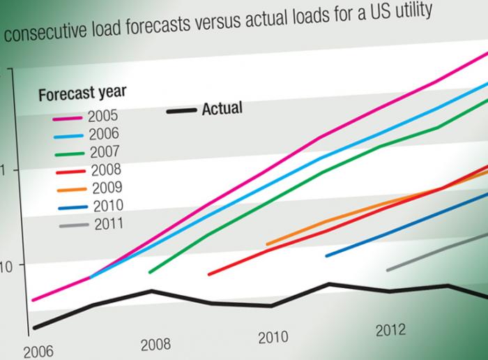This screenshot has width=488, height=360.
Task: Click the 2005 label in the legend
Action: (x=103, y=117)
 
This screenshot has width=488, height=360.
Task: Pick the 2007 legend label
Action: (x=105, y=151)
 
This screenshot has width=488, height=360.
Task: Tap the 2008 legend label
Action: (x=106, y=170)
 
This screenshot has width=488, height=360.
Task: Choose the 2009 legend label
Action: (x=107, y=187)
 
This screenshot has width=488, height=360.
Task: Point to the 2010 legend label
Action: (x=107, y=205)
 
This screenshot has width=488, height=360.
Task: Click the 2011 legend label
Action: (x=108, y=223)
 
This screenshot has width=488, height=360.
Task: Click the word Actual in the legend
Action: (x=222, y=108)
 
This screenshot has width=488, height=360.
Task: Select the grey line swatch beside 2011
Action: (x=74, y=225)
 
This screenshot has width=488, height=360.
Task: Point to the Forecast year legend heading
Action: (x=82, y=93)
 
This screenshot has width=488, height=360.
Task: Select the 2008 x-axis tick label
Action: (x=155, y=344)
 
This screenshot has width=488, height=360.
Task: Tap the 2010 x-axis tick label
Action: (x=273, y=338)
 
